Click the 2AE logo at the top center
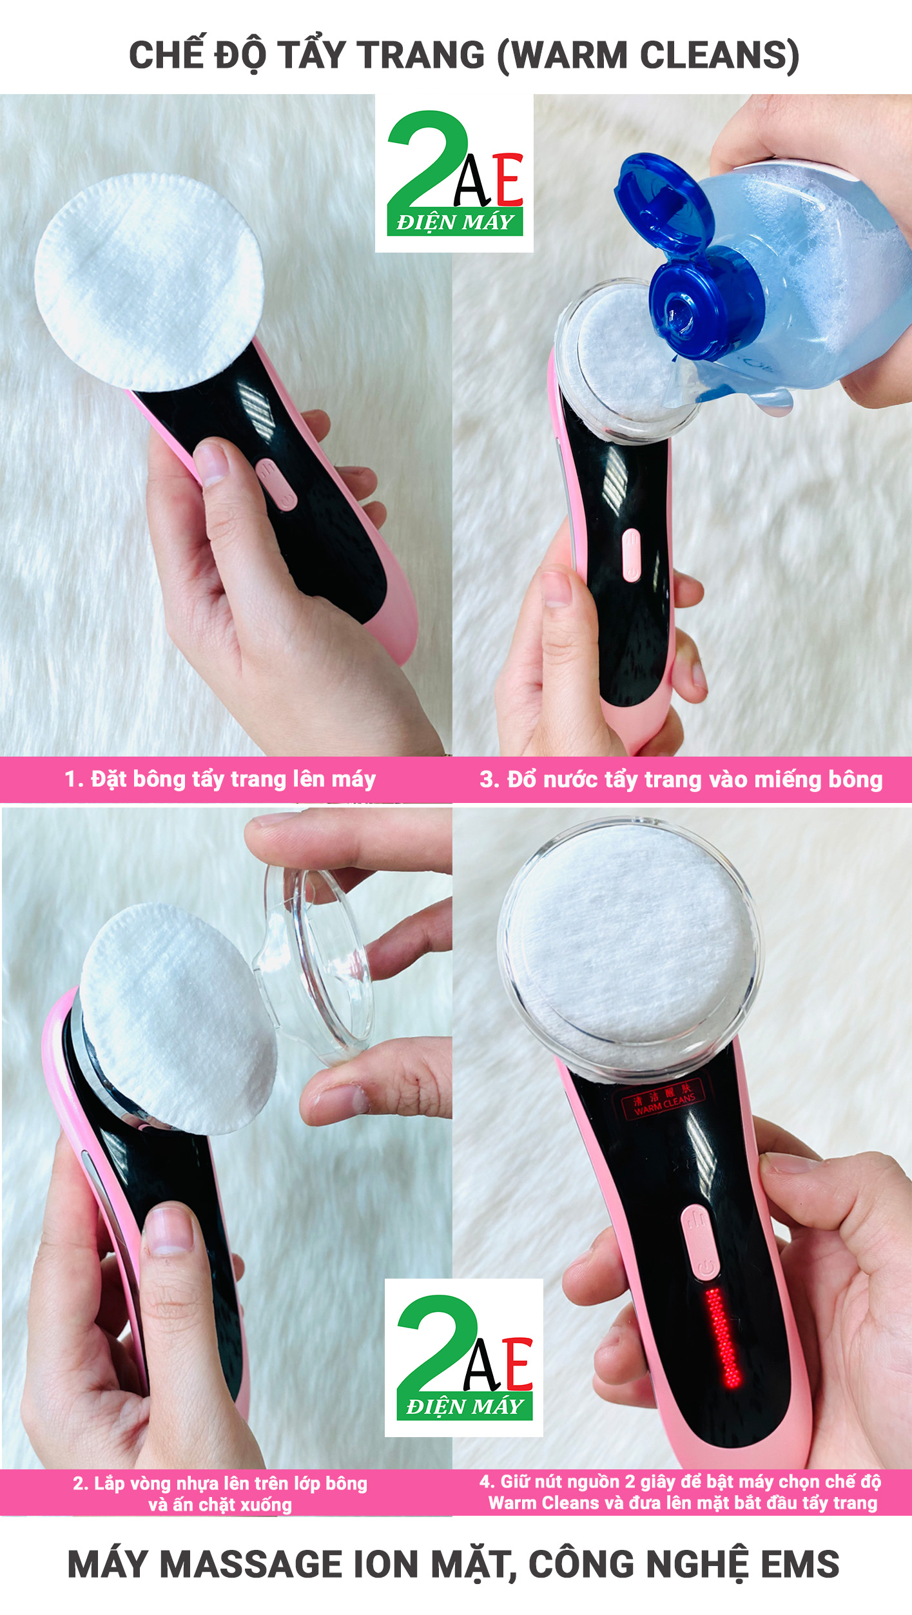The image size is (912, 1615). [x=455, y=173]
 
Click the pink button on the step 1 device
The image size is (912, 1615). [x=277, y=484]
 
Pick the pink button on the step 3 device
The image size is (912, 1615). [x=632, y=555]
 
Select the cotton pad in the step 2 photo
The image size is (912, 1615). [x=177, y=1018]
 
